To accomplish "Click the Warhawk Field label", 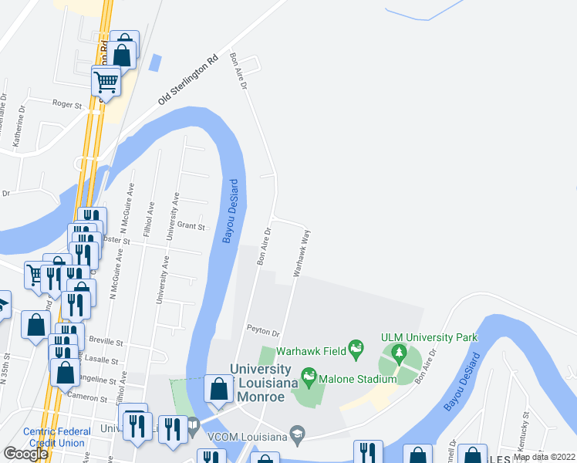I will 310,350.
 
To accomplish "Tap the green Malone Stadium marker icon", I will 309,378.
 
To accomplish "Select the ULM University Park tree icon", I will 398,355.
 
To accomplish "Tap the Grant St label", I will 191,227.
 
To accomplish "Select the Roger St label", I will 67,103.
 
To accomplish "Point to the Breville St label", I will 106,341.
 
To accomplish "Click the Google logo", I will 25,454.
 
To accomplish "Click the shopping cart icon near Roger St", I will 106,80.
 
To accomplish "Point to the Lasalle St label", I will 104,360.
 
